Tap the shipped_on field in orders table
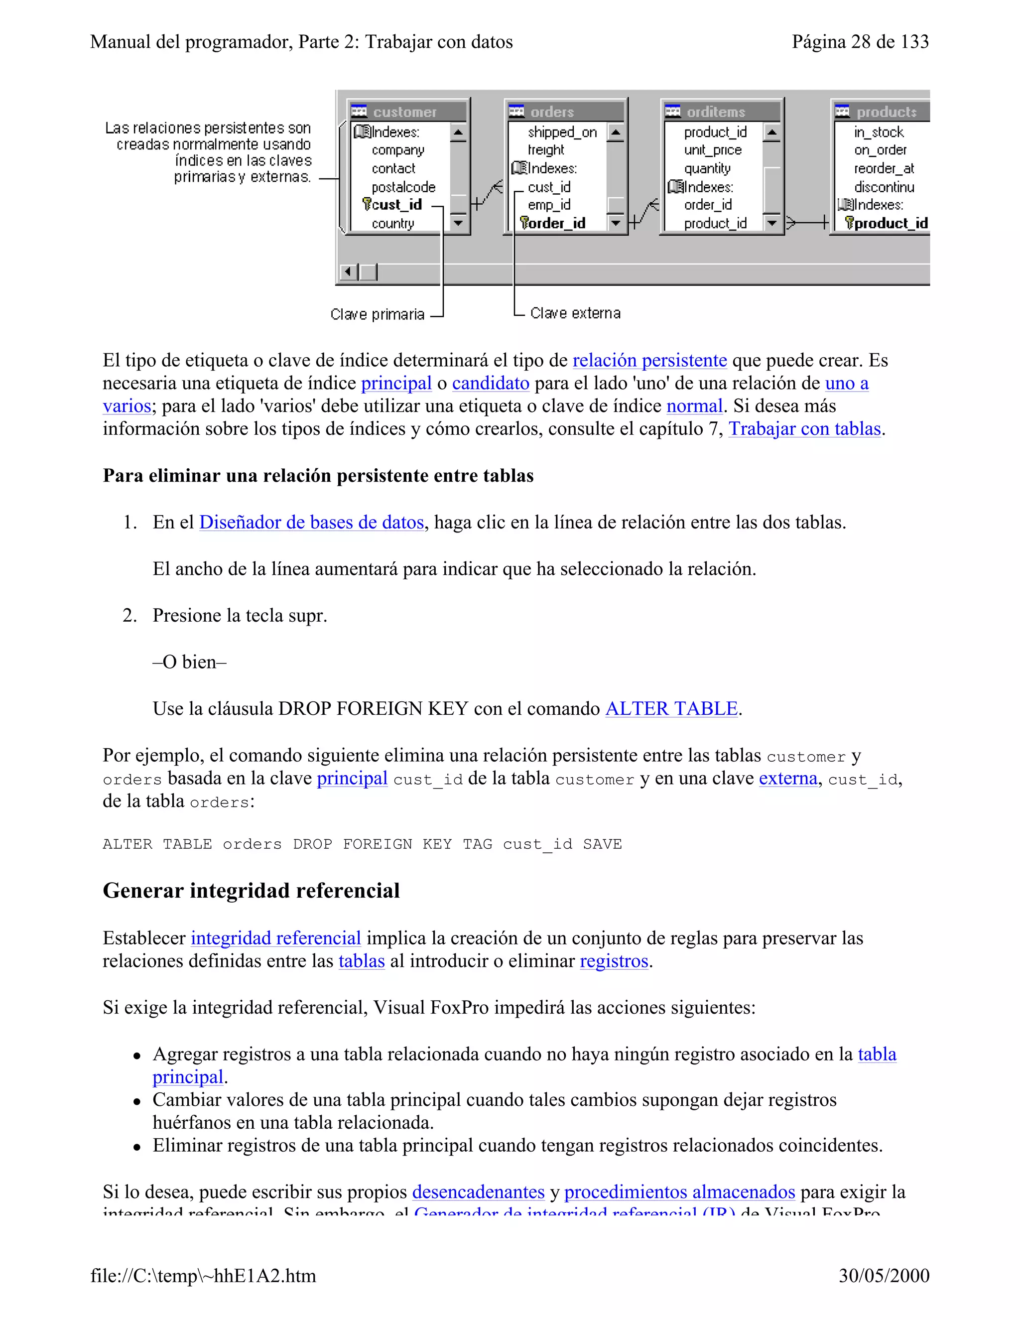pos(561,132)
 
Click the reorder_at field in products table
pos(884,169)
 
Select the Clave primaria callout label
pos(377,314)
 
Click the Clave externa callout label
pos(575,313)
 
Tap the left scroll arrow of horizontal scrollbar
pos(348,272)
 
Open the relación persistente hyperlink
pos(649,361)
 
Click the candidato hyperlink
pos(490,384)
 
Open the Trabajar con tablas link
pos(804,429)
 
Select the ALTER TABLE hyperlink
pos(671,709)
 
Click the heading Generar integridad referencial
pos(251,891)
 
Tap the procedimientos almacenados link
pos(679,1192)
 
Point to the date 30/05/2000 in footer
pos(884,1276)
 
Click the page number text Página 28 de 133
pos(860,42)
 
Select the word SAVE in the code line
pos(602,844)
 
